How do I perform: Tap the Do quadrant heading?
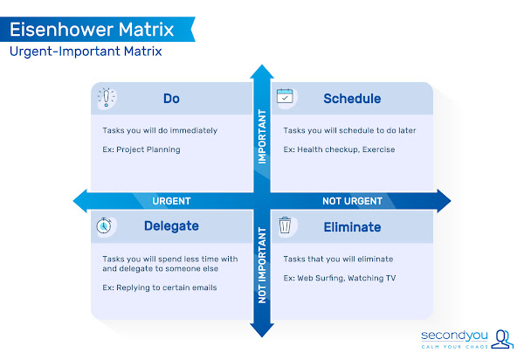172,98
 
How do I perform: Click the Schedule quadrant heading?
352,98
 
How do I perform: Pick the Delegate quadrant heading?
172,226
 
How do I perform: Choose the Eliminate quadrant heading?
352,226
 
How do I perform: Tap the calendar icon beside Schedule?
286,97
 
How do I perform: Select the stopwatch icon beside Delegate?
104,225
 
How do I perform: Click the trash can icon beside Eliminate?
286,226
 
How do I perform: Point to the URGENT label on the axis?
171,201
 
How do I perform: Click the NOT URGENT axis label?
352,201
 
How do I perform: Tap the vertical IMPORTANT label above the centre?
261,136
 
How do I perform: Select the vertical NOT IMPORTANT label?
261,266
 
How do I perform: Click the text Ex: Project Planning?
141,149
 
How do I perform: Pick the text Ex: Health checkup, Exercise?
339,149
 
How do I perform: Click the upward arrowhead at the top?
261,73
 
